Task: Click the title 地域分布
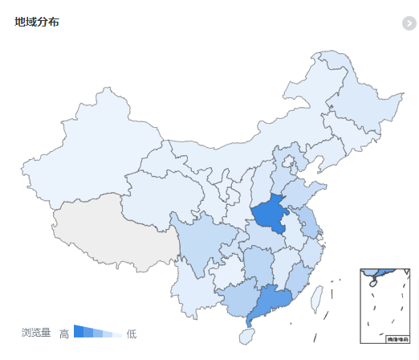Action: pyautogui.click(x=37, y=22)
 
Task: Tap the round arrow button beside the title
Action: pyautogui.click(x=409, y=22)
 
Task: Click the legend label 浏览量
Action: pyautogui.click(x=36, y=333)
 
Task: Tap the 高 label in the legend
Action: pyautogui.click(x=64, y=333)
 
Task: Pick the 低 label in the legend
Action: pyautogui.click(x=132, y=333)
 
